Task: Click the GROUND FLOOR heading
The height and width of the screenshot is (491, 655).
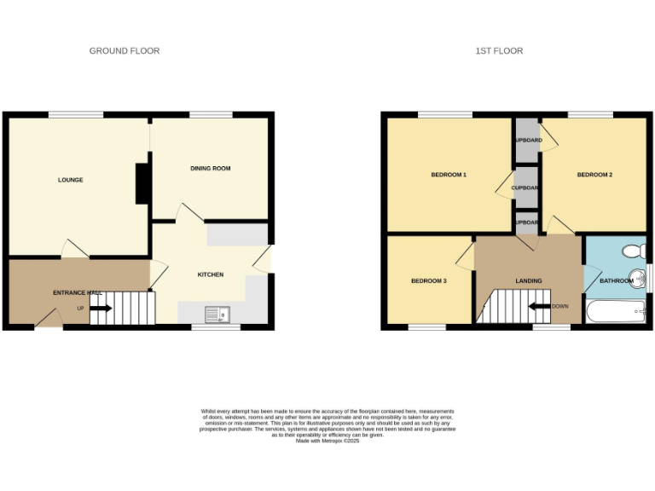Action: [x=125, y=51]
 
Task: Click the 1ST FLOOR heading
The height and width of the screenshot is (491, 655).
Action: [x=499, y=51]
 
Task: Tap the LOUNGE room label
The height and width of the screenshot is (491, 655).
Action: [x=70, y=180]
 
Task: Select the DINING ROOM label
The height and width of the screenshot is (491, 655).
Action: [x=211, y=169]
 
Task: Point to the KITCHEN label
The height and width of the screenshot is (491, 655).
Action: [x=211, y=274]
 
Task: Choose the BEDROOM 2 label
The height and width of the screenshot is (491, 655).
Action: [x=594, y=175]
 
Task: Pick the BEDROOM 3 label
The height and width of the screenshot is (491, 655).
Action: [x=429, y=281]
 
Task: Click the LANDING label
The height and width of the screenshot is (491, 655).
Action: [x=529, y=281]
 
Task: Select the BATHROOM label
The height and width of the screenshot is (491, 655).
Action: [x=616, y=280]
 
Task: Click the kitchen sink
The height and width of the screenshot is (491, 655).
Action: [x=219, y=315]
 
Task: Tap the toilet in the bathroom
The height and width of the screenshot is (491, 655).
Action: [x=635, y=251]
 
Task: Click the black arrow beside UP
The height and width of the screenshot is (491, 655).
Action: [x=100, y=308]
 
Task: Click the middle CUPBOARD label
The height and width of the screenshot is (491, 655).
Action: [x=526, y=188]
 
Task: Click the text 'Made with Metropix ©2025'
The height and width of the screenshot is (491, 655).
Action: [x=327, y=441]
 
